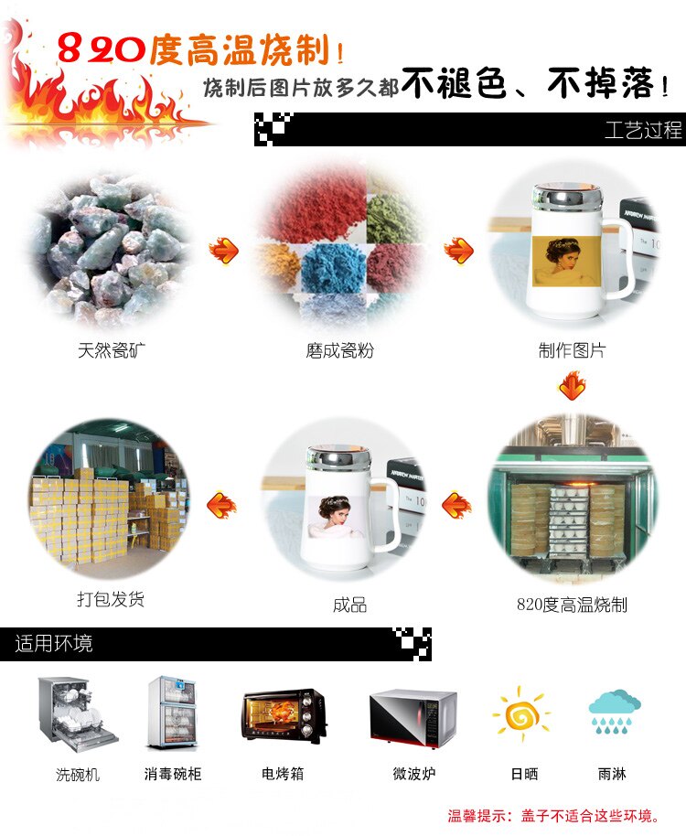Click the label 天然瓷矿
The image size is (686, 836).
tap(112, 350)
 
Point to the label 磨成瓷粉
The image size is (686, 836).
tap(339, 350)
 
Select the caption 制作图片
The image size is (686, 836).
tap(572, 350)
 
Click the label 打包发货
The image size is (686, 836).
tap(111, 599)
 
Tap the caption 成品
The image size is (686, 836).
tap(349, 606)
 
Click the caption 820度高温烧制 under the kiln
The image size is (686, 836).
tap(572, 605)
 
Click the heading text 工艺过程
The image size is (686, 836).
tap(643, 130)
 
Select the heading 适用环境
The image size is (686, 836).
tap(54, 644)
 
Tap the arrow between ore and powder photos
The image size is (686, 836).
tap(224, 250)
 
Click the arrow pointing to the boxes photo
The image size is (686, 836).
tap(221, 506)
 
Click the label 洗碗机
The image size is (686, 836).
tap(78, 774)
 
